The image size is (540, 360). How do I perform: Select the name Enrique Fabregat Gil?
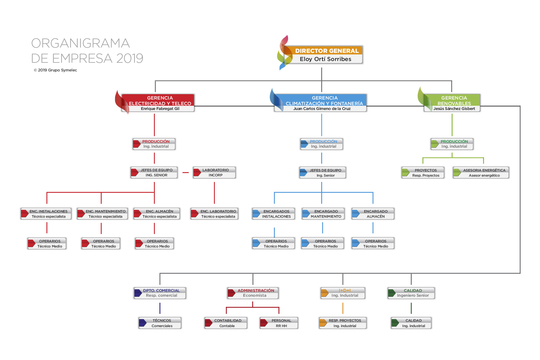(x=160, y=109)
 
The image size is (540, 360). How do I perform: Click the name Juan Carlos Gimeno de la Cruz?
(x=322, y=109)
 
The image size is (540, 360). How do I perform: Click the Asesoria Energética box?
(x=481, y=173)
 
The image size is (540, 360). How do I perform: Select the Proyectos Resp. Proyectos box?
(x=424, y=173)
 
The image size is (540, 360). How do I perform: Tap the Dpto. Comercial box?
(x=160, y=293)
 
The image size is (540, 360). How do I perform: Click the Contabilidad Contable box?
(x=226, y=323)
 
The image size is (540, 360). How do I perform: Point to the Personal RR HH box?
(x=280, y=323)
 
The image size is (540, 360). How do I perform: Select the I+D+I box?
(x=343, y=293)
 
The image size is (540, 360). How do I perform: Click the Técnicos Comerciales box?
(x=160, y=323)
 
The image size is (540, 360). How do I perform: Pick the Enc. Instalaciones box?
(x=46, y=214)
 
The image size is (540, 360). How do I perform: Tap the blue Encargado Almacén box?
(x=373, y=214)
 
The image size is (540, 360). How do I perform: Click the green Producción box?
(x=453, y=144)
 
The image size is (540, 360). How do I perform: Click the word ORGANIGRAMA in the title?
(x=80, y=43)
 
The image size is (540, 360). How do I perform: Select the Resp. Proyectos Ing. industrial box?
(x=343, y=323)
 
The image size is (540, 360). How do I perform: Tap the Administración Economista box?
(x=253, y=293)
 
